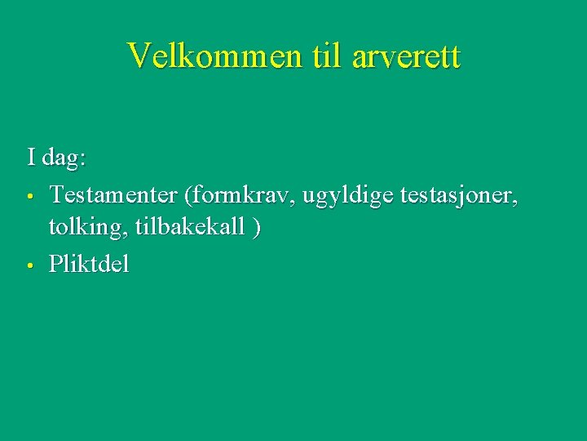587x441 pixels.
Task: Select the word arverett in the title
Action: point(408,56)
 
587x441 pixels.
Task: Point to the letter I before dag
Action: point(31,156)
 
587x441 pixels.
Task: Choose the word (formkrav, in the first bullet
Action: point(241,196)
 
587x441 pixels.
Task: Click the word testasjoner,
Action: point(460,195)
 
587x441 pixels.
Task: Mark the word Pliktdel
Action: point(89,263)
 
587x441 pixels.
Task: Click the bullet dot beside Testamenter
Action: point(29,198)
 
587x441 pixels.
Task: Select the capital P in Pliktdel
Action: point(55,263)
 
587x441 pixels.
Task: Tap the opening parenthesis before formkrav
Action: point(189,196)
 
